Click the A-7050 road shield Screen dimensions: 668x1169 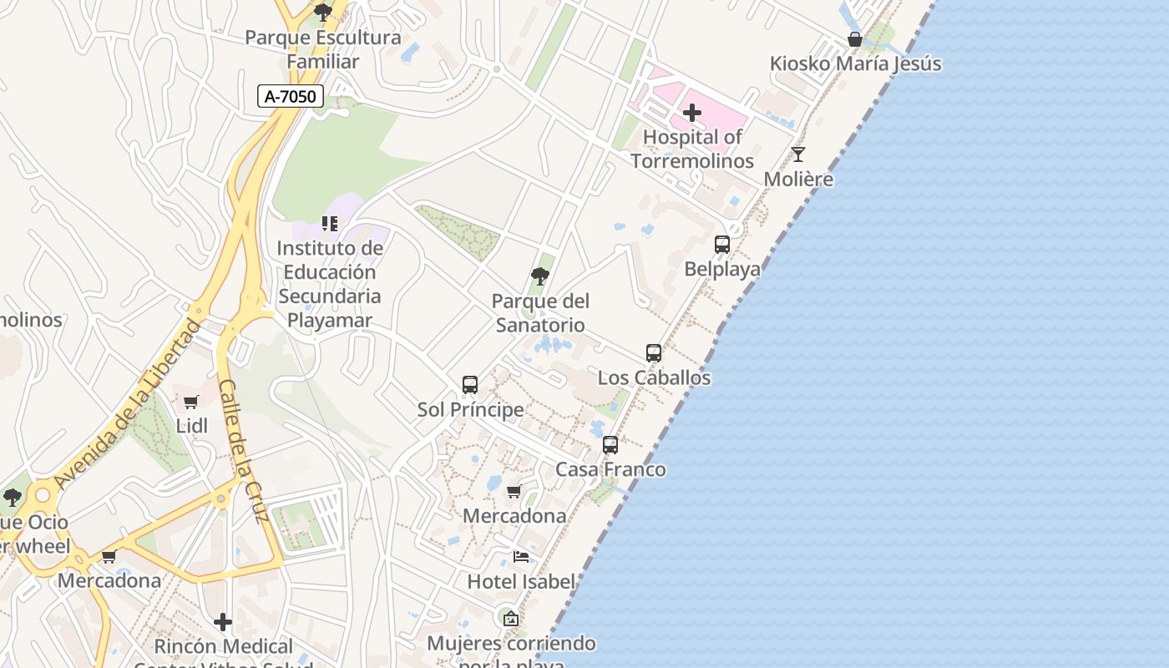click(x=291, y=97)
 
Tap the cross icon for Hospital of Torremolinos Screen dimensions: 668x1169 click(x=692, y=112)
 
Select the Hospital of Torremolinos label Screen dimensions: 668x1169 click(x=692, y=149)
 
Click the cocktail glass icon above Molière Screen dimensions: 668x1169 click(x=798, y=154)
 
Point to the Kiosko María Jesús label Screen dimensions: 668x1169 click(x=855, y=63)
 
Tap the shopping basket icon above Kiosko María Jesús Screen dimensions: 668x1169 click(x=854, y=39)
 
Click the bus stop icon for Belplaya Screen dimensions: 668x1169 click(x=722, y=245)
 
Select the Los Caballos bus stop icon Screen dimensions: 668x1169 click(x=654, y=353)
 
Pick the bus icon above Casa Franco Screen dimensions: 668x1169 click(x=610, y=445)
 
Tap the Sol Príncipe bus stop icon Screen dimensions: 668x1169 click(x=470, y=385)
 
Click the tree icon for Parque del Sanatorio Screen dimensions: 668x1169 click(x=540, y=276)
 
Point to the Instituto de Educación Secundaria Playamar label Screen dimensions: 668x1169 click(x=330, y=284)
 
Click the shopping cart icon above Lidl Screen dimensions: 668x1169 click(x=191, y=402)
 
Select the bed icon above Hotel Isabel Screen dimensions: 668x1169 click(x=521, y=557)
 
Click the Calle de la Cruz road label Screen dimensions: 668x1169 click(x=241, y=450)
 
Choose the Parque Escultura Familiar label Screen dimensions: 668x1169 click(x=323, y=49)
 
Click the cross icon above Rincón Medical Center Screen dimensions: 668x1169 click(x=223, y=622)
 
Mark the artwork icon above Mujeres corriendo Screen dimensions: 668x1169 click(x=511, y=619)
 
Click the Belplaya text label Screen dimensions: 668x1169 click(x=722, y=269)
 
